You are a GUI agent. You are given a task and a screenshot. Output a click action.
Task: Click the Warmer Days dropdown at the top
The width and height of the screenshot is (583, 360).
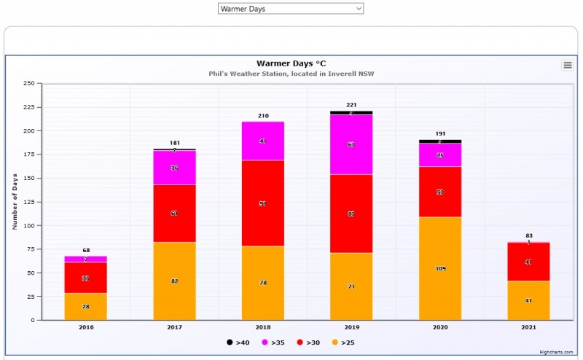[x=290, y=9]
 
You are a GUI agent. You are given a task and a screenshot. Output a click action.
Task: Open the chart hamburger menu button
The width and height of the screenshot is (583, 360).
[x=567, y=65]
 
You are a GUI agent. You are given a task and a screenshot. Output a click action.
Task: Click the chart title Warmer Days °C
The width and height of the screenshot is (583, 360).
[x=290, y=63]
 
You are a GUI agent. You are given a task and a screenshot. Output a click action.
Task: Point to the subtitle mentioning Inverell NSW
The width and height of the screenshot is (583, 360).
[x=291, y=74]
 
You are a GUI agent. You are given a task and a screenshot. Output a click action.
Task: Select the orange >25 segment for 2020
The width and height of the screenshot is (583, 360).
[x=440, y=268]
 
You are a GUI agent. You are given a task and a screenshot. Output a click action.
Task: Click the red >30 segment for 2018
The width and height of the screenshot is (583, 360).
[x=263, y=203]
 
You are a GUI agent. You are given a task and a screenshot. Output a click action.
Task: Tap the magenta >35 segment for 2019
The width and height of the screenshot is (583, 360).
[x=351, y=144]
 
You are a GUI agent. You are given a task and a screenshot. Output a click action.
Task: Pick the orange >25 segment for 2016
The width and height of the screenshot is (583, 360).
[x=86, y=307]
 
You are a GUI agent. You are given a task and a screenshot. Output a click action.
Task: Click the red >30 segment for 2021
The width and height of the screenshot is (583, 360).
[x=528, y=262]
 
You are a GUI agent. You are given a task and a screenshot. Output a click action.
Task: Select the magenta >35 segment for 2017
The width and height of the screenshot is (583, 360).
[x=174, y=168]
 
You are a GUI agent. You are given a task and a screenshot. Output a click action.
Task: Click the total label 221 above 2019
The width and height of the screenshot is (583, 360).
[x=351, y=106]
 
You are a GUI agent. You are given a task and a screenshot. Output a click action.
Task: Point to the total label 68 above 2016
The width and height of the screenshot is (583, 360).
[x=86, y=251]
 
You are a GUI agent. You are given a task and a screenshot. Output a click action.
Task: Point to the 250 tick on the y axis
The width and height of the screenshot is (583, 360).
[x=29, y=83]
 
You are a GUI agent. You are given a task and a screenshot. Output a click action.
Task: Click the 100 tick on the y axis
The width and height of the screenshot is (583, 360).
[x=29, y=226]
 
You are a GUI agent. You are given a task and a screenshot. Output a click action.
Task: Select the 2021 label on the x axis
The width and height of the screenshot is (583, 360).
[x=528, y=328]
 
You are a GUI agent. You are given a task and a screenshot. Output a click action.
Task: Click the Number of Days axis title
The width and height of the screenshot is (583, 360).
[x=15, y=201]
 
